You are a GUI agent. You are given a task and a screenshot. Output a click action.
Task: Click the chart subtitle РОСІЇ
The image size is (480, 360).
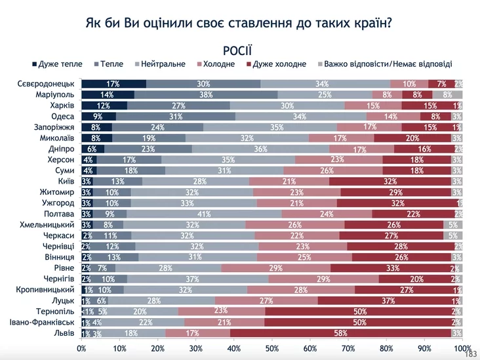238,50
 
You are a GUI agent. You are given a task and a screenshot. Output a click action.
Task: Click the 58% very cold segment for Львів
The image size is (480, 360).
342,333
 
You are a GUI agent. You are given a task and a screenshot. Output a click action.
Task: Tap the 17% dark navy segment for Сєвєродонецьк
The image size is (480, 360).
113,83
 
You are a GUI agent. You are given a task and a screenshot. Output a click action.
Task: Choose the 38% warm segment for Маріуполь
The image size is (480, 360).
205,94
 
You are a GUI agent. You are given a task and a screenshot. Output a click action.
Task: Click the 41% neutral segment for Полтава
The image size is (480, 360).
204,214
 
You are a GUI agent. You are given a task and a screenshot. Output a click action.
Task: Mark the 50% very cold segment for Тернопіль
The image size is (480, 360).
360,311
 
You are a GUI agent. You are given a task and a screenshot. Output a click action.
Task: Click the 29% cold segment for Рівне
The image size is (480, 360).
275,268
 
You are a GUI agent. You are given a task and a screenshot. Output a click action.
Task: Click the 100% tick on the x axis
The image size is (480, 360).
462,348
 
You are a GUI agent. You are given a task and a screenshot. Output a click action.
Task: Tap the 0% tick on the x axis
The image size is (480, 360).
81,348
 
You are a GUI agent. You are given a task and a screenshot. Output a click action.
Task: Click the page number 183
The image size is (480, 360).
470,355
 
